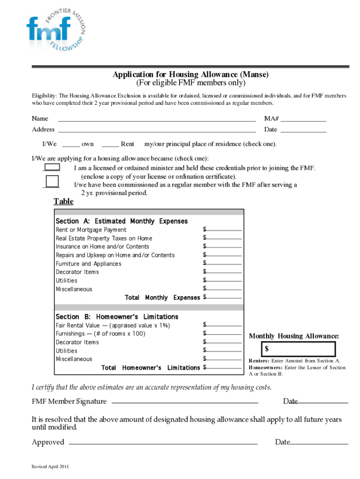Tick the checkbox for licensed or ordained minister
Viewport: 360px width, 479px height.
pos(51,167)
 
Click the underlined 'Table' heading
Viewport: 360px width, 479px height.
pos(63,202)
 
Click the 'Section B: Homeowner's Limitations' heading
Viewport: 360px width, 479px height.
pos(117,317)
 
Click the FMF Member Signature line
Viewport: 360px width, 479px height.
pos(185,402)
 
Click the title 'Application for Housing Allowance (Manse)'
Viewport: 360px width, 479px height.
pos(190,75)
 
